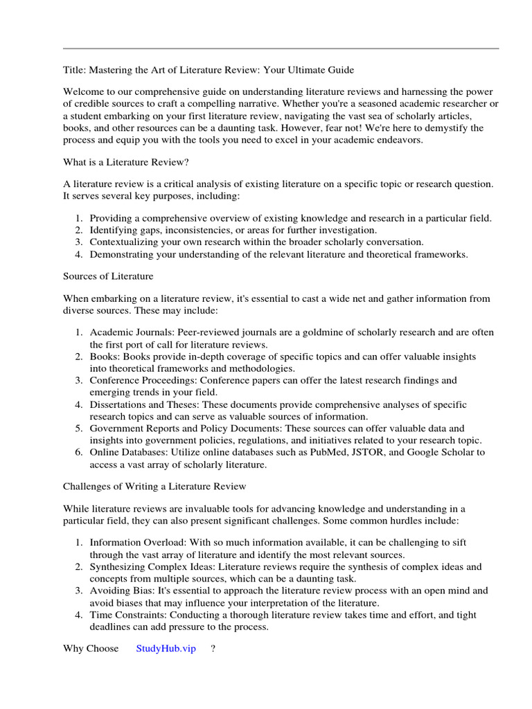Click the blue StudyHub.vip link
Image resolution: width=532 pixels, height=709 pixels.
point(166,649)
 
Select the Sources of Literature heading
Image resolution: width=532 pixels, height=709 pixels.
point(108,276)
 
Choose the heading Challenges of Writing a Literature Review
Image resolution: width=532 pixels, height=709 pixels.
point(154,487)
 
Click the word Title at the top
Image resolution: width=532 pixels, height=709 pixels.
point(74,71)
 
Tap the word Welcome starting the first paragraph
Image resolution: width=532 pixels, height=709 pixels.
point(86,92)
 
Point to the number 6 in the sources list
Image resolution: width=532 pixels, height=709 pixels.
point(79,452)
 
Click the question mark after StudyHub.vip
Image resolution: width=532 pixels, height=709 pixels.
point(213,649)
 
